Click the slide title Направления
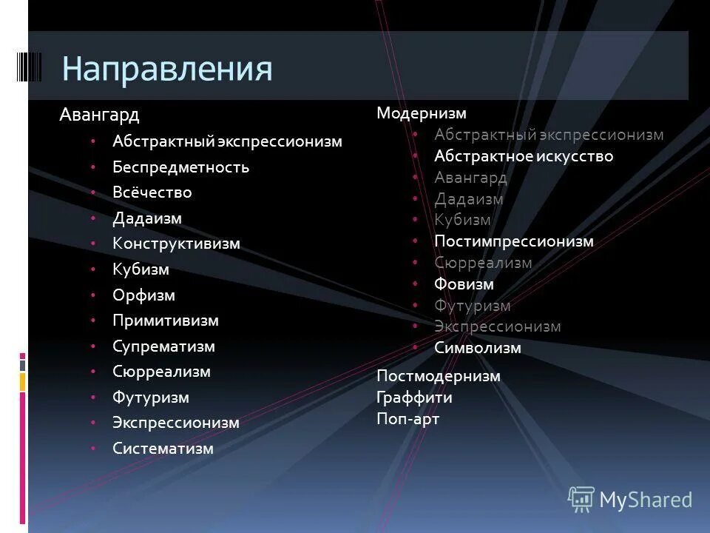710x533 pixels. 167,69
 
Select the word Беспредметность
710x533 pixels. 180,167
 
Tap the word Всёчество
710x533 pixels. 152,192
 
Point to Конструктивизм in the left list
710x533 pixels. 176,244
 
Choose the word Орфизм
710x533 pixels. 143,295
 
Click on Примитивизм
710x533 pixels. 165,321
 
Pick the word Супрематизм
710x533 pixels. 163,346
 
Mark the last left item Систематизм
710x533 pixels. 163,449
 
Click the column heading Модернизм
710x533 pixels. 421,113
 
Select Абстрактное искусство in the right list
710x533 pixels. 524,156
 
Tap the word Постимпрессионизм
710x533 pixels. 514,241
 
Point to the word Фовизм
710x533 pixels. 464,284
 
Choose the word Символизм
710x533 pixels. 478,348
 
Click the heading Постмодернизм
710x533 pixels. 438,376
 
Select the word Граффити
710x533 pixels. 414,398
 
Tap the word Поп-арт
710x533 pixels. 408,419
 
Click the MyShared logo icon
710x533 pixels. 581,499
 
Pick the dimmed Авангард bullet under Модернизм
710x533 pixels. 470,178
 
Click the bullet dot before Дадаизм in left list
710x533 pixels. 93,218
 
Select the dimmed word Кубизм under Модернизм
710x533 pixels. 462,220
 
